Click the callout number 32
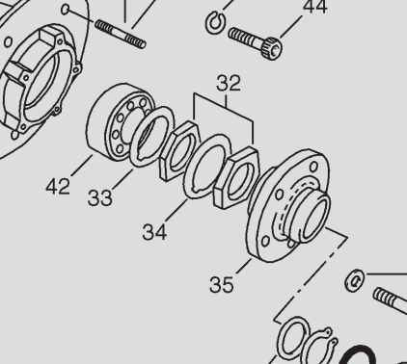229,83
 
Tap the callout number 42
58,187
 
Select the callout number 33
100,197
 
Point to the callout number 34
154,232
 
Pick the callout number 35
222,284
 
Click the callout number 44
315,7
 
